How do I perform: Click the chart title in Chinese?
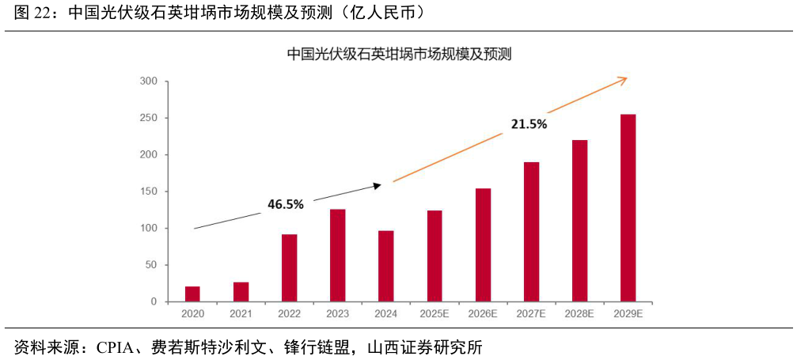[x=399, y=55]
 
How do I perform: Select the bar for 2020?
[x=192, y=294]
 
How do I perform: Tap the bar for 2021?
[x=241, y=292]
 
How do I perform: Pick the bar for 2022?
[x=289, y=267]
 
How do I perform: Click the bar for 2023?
[x=337, y=255]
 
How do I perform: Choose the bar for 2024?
[x=385, y=266]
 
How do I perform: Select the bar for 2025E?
[x=434, y=256]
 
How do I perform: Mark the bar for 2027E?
[x=531, y=232]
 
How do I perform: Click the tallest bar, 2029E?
[x=628, y=208]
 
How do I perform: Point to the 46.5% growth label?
[x=285, y=204]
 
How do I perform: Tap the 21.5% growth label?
[x=529, y=124]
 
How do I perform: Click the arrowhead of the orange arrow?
[x=624, y=78]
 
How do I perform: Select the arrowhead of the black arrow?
[x=378, y=185]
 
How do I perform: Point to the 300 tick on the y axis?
[x=150, y=81]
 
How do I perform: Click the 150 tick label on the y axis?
[x=150, y=191]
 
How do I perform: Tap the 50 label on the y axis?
[x=152, y=265]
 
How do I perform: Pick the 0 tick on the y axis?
[x=155, y=301]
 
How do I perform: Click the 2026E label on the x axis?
[x=482, y=314]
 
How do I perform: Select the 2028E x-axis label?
[x=579, y=314]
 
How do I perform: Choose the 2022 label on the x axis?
[x=289, y=314]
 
